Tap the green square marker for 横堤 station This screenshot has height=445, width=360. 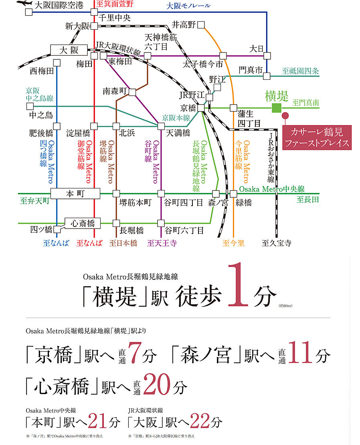tap(276, 108)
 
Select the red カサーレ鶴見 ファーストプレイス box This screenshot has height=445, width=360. tap(317, 137)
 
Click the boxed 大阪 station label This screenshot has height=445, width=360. tap(69, 51)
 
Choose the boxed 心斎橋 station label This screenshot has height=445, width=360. tap(82, 222)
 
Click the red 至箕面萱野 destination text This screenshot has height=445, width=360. tap(115, 5)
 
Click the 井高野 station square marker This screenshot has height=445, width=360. tap(201, 25)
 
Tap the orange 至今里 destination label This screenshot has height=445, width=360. tap(233, 243)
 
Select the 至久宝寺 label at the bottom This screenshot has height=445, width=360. tap(276, 243)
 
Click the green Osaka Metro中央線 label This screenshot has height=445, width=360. tap(272, 189)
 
